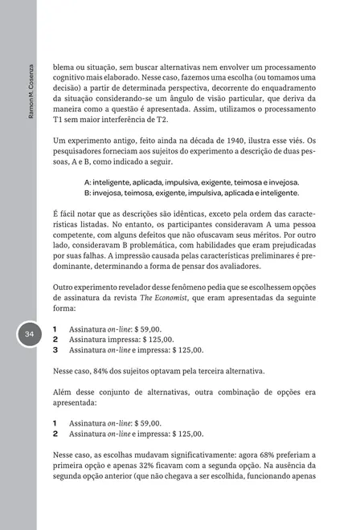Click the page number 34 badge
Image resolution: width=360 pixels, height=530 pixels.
coord(29,334)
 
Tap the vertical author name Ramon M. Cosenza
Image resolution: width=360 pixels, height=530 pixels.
coord(30,92)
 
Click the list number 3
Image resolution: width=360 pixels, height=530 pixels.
coord(55,350)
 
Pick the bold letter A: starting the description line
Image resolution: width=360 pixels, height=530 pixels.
coord(88,182)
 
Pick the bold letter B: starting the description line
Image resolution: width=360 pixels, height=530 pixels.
coord(88,194)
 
